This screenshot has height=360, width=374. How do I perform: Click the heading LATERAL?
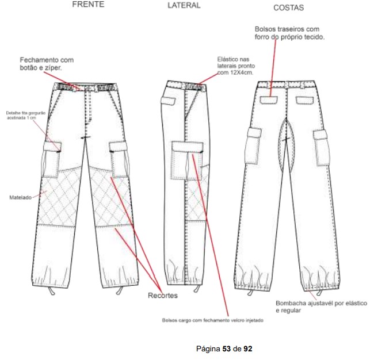pyautogui.click(x=184, y=5)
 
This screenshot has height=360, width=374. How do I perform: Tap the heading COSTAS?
pyautogui.click(x=289, y=8)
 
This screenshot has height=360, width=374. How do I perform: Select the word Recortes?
pyautogui.click(x=162, y=296)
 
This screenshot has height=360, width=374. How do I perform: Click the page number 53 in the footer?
pyautogui.click(x=226, y=348)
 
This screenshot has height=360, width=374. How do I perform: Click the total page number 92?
pyautogui.click(x=248, y=348)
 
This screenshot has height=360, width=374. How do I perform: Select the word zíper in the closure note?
pyautogui.click(x=51, y=68)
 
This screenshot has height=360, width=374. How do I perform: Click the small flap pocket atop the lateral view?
pyautogui.click(x=169, y=100)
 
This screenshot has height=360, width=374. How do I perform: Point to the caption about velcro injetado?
pyautogui.click(x=213, y=320)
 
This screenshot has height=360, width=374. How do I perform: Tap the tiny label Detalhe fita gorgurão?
pyautogui.click(x=22, y=113)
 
